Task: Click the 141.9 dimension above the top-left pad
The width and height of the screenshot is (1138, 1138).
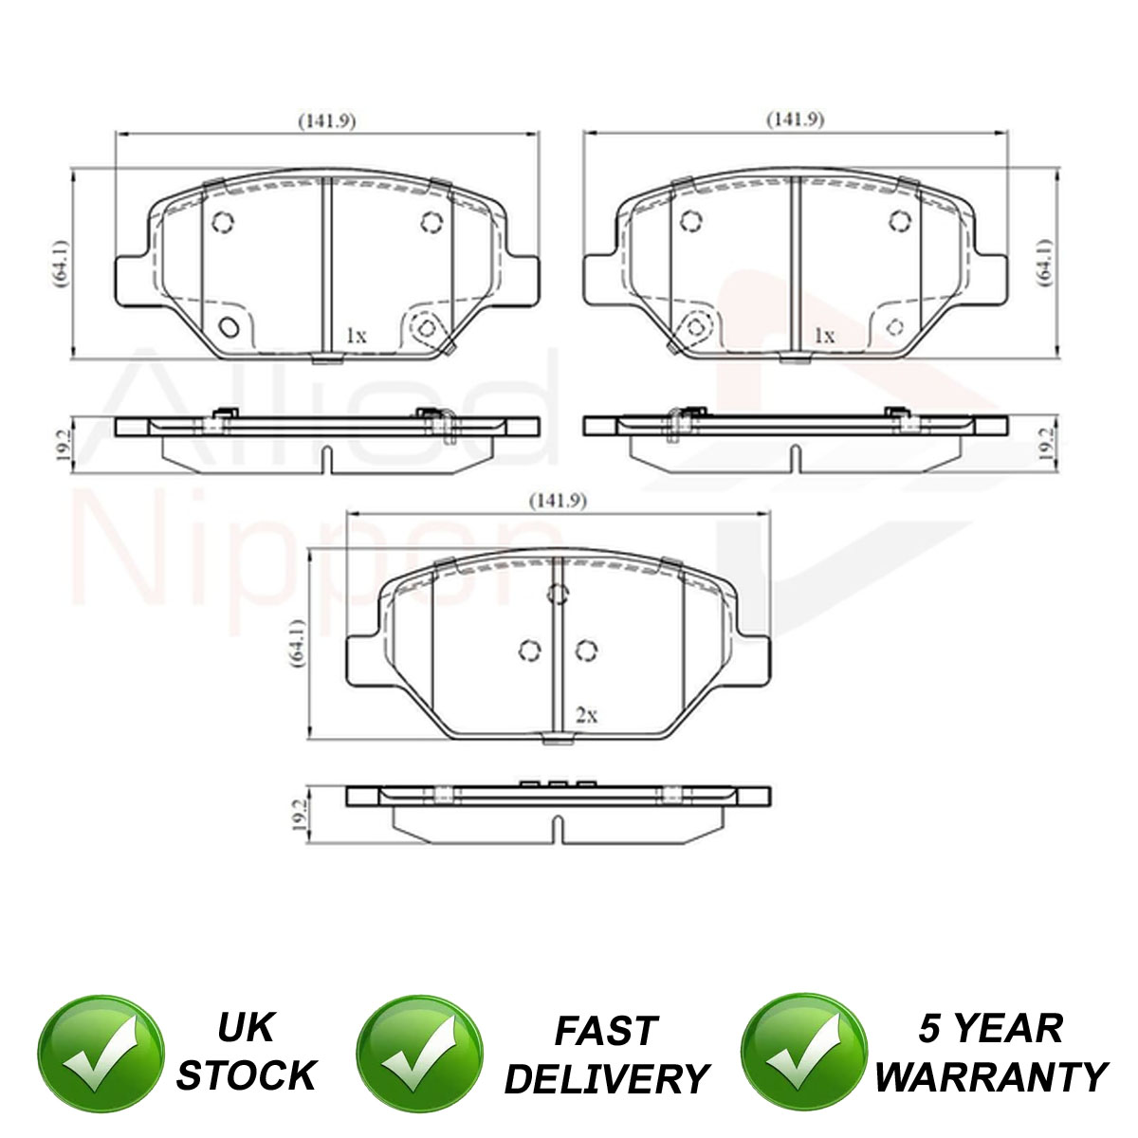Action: coord(326,121)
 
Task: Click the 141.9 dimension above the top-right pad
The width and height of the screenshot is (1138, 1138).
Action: coord(795,119)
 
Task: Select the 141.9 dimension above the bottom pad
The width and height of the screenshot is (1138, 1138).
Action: coord(558,502)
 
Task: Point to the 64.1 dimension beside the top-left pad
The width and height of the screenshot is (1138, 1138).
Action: coord(61,264)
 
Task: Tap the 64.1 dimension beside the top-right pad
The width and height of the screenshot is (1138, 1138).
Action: coord(1046,263)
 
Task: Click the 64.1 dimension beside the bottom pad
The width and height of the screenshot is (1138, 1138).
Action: coord(297,643)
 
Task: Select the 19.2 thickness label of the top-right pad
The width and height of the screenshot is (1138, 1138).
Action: coord(1046,444)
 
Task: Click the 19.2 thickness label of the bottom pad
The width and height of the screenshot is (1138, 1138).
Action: coord(300,816)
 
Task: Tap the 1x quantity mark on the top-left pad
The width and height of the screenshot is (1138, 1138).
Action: coord(357,336)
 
